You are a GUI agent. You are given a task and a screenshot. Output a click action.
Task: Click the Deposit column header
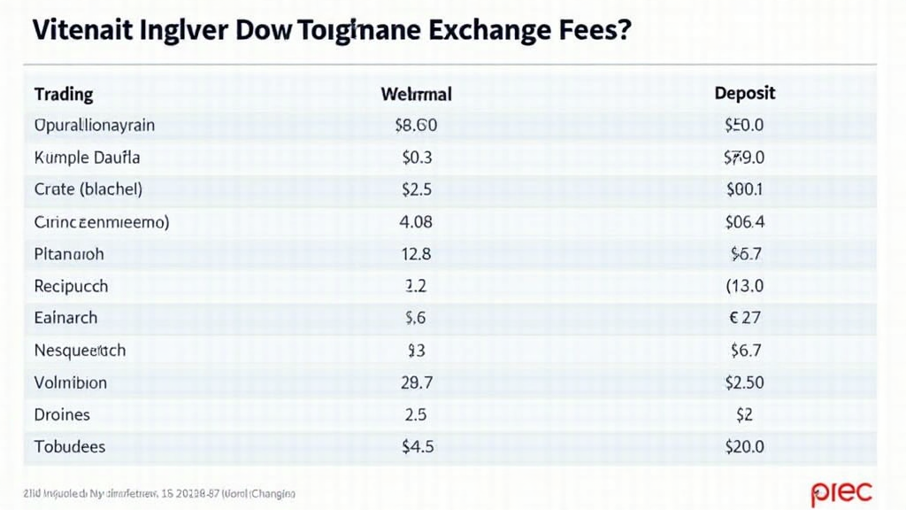tap(744, 93)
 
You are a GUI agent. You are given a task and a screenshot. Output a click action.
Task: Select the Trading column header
tap(63, 93)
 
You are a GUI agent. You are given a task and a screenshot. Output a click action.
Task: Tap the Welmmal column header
tap(416, 93)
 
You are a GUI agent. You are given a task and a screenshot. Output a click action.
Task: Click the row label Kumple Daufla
tap(87, 158)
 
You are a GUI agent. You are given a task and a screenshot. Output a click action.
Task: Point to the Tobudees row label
tap(69, 446)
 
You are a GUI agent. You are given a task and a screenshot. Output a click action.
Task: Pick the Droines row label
tap(62, 414)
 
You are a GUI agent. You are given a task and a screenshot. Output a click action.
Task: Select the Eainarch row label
tap(65, 318)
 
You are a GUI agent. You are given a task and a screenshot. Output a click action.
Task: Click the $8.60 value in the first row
tap(416, 126)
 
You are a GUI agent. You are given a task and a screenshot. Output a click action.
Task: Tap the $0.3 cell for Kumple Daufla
tap(416, 158)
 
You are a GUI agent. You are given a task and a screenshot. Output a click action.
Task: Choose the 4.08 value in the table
tap(416, 221)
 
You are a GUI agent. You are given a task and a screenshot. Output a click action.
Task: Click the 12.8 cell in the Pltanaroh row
tap(416, 254)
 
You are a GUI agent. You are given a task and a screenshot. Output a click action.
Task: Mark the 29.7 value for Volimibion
tap(416, 382)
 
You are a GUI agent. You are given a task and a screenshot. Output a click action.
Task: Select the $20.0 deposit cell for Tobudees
tap(744, 446)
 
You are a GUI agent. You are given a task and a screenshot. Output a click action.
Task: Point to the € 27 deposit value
tap(745, 318)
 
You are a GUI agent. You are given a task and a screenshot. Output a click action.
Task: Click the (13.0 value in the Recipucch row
tap(744, 286)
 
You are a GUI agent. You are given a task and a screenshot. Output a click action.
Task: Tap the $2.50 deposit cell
tap(744, 382)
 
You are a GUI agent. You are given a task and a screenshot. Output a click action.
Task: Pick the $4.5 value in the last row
tap(418, 446)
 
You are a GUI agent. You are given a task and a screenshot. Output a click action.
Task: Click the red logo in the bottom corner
tap(841, 491)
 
